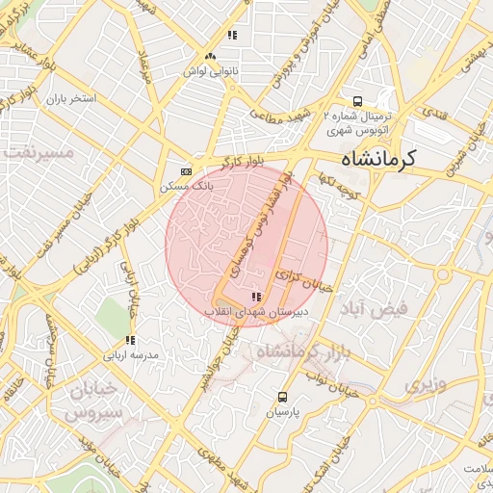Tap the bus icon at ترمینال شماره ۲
(x=357, y=100)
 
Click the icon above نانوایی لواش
(x=232, y=36)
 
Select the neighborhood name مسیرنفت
(x=39, y=152)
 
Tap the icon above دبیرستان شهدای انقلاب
(x=255, y=297)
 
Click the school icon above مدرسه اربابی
(x=129, y=340)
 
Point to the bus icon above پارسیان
(x=282, y=397)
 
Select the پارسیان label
(x=282, y=412)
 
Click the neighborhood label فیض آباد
(x=375, y=307)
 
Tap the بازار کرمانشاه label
(x=299, y=351)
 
